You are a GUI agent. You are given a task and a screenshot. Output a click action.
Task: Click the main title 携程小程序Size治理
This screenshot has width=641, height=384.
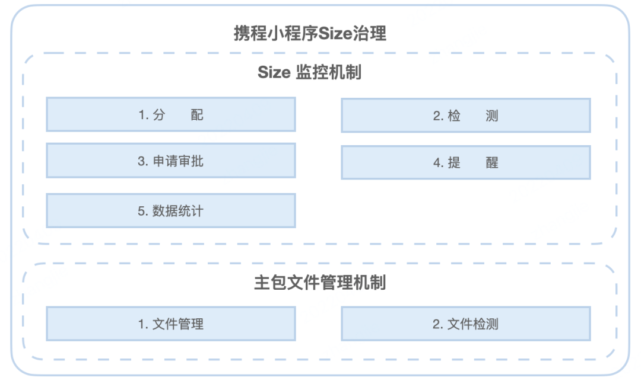(x=310, y=33)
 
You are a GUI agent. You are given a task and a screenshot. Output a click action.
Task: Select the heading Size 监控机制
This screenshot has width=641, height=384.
(x=309, y=72)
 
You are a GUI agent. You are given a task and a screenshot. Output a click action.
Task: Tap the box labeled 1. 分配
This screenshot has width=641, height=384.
(x=171, y=114)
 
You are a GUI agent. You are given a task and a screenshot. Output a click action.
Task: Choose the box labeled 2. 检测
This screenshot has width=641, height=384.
(x=466, y=116)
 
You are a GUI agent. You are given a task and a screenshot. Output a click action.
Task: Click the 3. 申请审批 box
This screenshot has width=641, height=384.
(x=171, y=161)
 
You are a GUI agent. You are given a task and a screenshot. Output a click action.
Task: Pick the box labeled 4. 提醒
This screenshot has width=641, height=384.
(x=466, y=162)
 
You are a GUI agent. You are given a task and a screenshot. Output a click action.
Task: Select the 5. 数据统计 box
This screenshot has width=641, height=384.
(x=171, y=210)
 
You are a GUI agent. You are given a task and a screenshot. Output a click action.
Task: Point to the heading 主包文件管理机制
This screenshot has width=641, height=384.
(x=320, y=283)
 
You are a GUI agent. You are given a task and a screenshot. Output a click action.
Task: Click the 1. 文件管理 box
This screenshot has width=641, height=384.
(x=171, y=324)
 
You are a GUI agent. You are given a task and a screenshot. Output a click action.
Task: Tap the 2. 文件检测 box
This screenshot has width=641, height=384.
(x=466, y=324)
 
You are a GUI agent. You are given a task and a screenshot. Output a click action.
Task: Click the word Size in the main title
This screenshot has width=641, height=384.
(x=335, y=33)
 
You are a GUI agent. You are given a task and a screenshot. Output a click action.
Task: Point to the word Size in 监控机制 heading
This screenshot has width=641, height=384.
(x=274, y=73)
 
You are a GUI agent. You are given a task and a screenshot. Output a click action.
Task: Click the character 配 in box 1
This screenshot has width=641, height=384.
(x=197, y=115)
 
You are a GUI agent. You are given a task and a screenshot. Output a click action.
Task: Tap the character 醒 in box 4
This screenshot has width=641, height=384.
(x=492, y=163)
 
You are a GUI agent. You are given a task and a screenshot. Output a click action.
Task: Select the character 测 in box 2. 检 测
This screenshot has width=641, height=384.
(x=492, y=116)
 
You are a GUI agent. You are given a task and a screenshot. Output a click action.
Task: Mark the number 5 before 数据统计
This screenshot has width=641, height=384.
(x=141, y=211)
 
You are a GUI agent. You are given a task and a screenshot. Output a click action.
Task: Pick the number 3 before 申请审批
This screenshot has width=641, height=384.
(x=141, y=161)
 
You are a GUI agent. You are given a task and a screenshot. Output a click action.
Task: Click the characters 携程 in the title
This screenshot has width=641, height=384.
(x=250, y=33)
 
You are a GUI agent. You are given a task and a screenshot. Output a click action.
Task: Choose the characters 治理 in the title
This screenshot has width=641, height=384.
(x=370, y=33)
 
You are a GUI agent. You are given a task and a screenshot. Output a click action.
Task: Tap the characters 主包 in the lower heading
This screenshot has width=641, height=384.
(x=270, y=283)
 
